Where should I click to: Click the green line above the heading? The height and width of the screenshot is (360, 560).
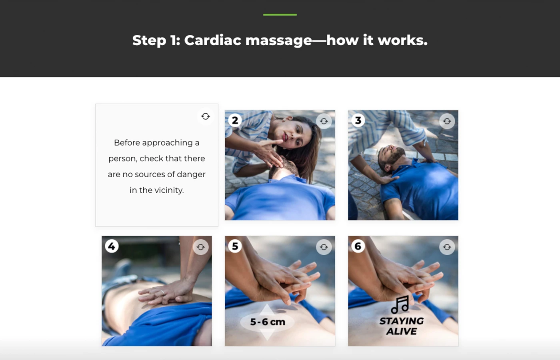[280, 15]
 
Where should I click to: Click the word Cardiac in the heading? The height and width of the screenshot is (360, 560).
[213, 40]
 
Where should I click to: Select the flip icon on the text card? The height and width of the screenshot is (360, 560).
[206, 116]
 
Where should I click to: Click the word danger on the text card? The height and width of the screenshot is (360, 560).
[191, 174]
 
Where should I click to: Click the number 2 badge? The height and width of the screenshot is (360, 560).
[235, 120]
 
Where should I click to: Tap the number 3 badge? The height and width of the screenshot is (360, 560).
[358, 120]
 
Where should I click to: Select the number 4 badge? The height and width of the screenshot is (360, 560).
[112, 246]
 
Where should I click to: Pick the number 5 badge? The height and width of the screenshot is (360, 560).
[235, 246]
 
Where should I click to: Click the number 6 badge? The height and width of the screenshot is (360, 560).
[358, 246]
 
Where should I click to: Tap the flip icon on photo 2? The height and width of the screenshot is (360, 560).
[324, 121]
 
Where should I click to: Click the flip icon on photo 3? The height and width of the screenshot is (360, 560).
[447, 121]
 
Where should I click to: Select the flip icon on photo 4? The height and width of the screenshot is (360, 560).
[201, 247]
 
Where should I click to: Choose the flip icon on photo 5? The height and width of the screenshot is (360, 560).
[324, 247]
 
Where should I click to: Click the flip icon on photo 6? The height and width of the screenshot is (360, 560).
[447, 247]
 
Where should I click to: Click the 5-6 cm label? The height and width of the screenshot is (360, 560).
[268, 322]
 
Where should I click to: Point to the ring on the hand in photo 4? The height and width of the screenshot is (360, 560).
[163, 293]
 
